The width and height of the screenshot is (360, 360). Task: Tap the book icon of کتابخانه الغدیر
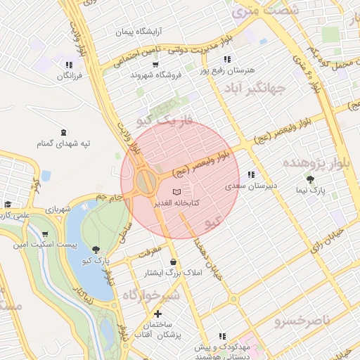[x=176, y=192]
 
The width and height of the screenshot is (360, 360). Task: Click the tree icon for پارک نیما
[x=310, y=180]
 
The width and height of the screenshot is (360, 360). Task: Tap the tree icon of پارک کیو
[x=96, y=250]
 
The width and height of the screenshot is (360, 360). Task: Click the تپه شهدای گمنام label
[x=64, y=143]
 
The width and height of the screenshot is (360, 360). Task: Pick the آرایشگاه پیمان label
[x=139, y=32]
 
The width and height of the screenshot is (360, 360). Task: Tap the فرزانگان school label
[x=68, y=75]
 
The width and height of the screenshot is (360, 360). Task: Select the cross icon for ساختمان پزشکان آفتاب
[x=157, y=314]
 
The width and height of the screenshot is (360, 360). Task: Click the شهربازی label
[x=57, y=210]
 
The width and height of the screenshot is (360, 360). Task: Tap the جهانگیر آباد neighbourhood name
[x=255, y=89]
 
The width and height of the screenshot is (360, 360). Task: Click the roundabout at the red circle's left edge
[x=147, y=182]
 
